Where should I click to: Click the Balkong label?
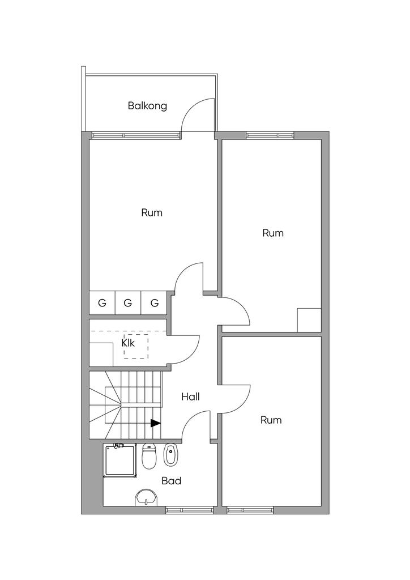pyautogui.click(x=147, y=106)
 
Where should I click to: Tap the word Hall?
pyautogui.click(x=190, y=397)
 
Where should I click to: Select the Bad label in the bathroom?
pyautogui.click(x=172, y=481)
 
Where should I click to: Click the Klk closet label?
pyautogui.click(x=129, y=343)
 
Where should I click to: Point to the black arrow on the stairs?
pyautogui.click(x=156, y=423)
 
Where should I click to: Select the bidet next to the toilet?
pyautogui.click(x=170, y=455)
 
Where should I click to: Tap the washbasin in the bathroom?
pyautogui.click(x=147, y=497)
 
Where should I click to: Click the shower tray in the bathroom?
pyautogui.click(x=120, y=460)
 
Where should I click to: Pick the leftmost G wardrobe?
pyautogui.click(x=102, y=303)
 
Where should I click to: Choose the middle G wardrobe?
pyautogui.click(x=128, y=303)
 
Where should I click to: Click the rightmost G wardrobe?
pyautogui.click(x=154, y=303)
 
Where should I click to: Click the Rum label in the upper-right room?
pyautogui.click(x=273, y=233)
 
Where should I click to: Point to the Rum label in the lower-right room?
pyautogui.click(x=271, y=420)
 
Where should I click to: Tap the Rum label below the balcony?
pyautogui.click(x=152, y=213)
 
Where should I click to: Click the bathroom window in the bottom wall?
pyautogui.click(x=190, y=510)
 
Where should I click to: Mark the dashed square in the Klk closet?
pyautogui.click(x=136, y=346)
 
